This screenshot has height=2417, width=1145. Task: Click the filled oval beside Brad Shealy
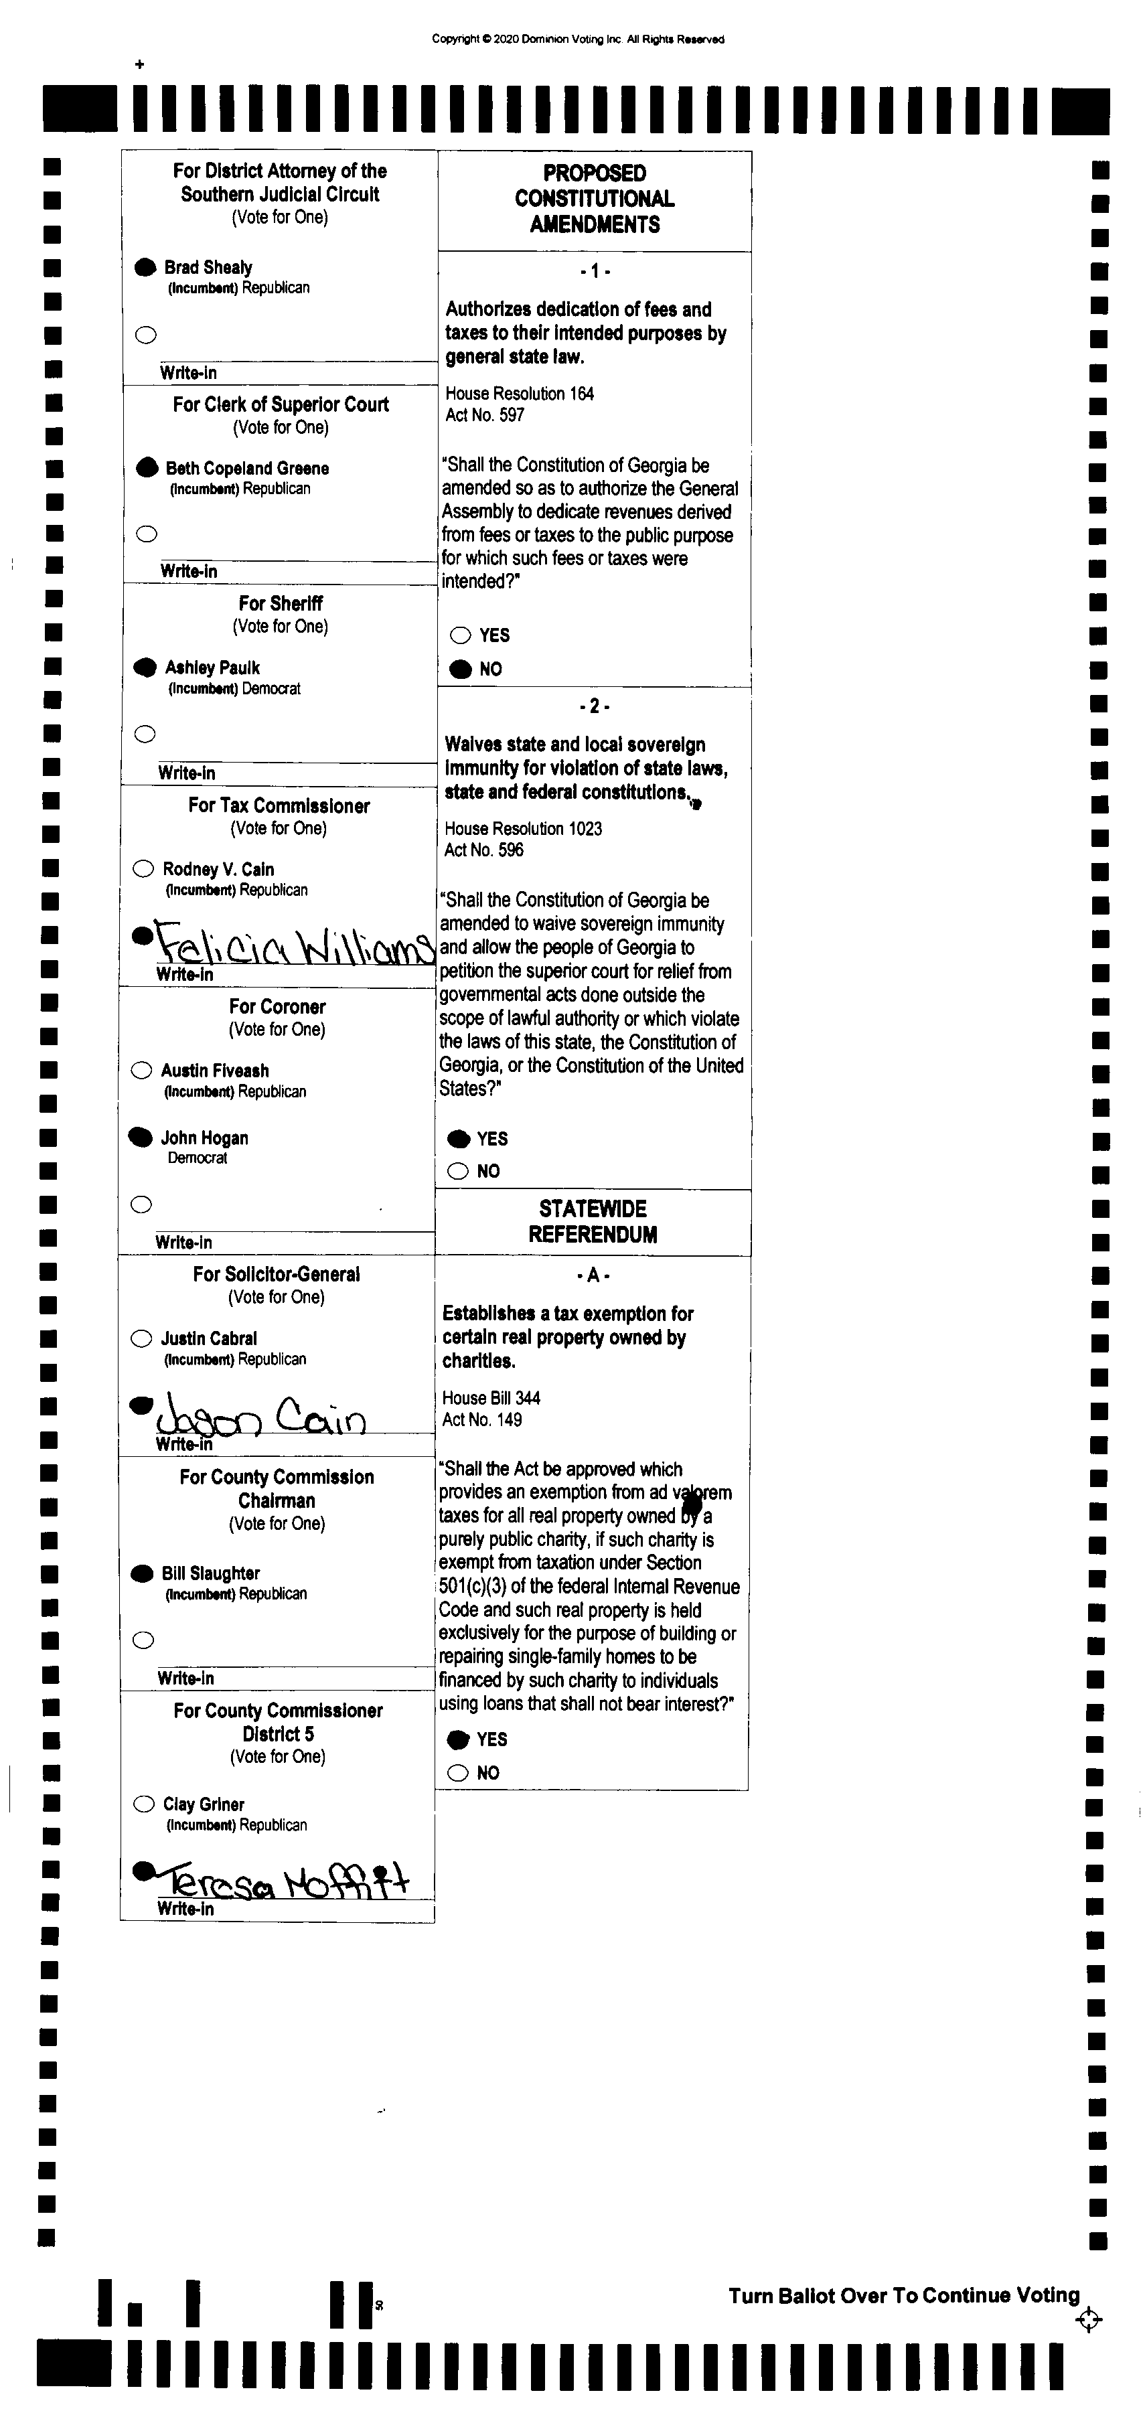click(145, 267)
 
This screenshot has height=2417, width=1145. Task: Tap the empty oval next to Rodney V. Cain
click(143, 869)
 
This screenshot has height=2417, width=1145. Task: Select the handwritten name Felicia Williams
click(293, 942)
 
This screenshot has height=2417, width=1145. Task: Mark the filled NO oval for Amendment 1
click(460, 669)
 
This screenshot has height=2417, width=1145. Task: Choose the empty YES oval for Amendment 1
click(460, 635)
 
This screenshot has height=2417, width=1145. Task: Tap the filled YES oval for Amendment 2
click(458, 1138)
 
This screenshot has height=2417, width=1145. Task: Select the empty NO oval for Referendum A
click(458, 1772)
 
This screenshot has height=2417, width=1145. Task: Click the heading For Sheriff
click(280, 603)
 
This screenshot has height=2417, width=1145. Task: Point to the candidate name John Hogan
click(205, 1138)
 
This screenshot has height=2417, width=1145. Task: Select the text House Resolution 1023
click(523, 828)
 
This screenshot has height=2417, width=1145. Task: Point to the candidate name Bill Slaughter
click(210, 1573)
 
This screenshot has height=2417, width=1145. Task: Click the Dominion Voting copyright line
click(577, 40)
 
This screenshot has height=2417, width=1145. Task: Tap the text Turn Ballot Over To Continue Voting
click(904, 2295)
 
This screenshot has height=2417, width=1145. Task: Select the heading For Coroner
click(277, 1007)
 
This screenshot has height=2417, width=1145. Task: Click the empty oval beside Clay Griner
click(143, 1803)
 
